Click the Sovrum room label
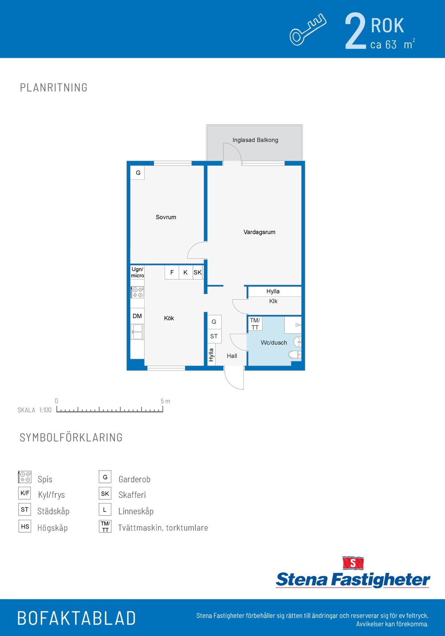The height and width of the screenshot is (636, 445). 166,217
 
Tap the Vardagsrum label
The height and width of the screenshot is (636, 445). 259,232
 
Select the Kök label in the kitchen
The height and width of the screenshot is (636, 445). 169,318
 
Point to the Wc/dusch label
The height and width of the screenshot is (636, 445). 274,342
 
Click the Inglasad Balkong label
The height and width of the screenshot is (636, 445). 255,140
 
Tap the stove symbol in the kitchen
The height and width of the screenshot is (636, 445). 138,292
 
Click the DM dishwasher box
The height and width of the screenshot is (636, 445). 138,316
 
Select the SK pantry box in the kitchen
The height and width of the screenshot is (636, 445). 198,272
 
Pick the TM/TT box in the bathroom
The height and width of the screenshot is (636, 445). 255,324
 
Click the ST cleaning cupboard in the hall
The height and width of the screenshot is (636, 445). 214,336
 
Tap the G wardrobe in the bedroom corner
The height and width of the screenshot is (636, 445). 138,173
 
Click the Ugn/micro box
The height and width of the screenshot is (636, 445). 138,272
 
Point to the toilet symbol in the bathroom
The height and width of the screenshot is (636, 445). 295,354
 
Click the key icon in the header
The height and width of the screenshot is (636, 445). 308,29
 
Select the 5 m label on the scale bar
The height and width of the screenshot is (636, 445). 165,401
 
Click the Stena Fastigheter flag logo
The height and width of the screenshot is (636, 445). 353,563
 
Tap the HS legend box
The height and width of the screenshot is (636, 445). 24,526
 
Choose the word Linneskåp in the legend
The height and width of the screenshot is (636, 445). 136,511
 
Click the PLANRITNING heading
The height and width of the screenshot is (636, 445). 54,87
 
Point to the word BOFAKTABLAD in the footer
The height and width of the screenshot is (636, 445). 77,618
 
